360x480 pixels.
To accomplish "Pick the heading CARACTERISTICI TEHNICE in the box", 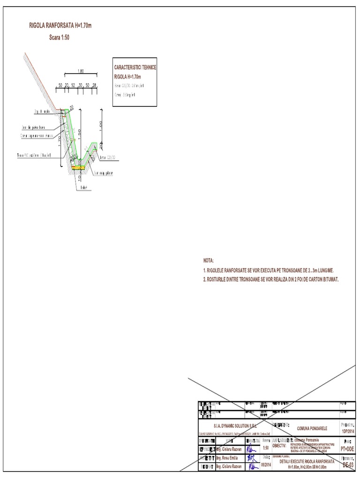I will (135, 67).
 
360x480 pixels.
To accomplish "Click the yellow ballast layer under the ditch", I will (77, 166).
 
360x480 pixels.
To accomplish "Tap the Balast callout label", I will (85, 187).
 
